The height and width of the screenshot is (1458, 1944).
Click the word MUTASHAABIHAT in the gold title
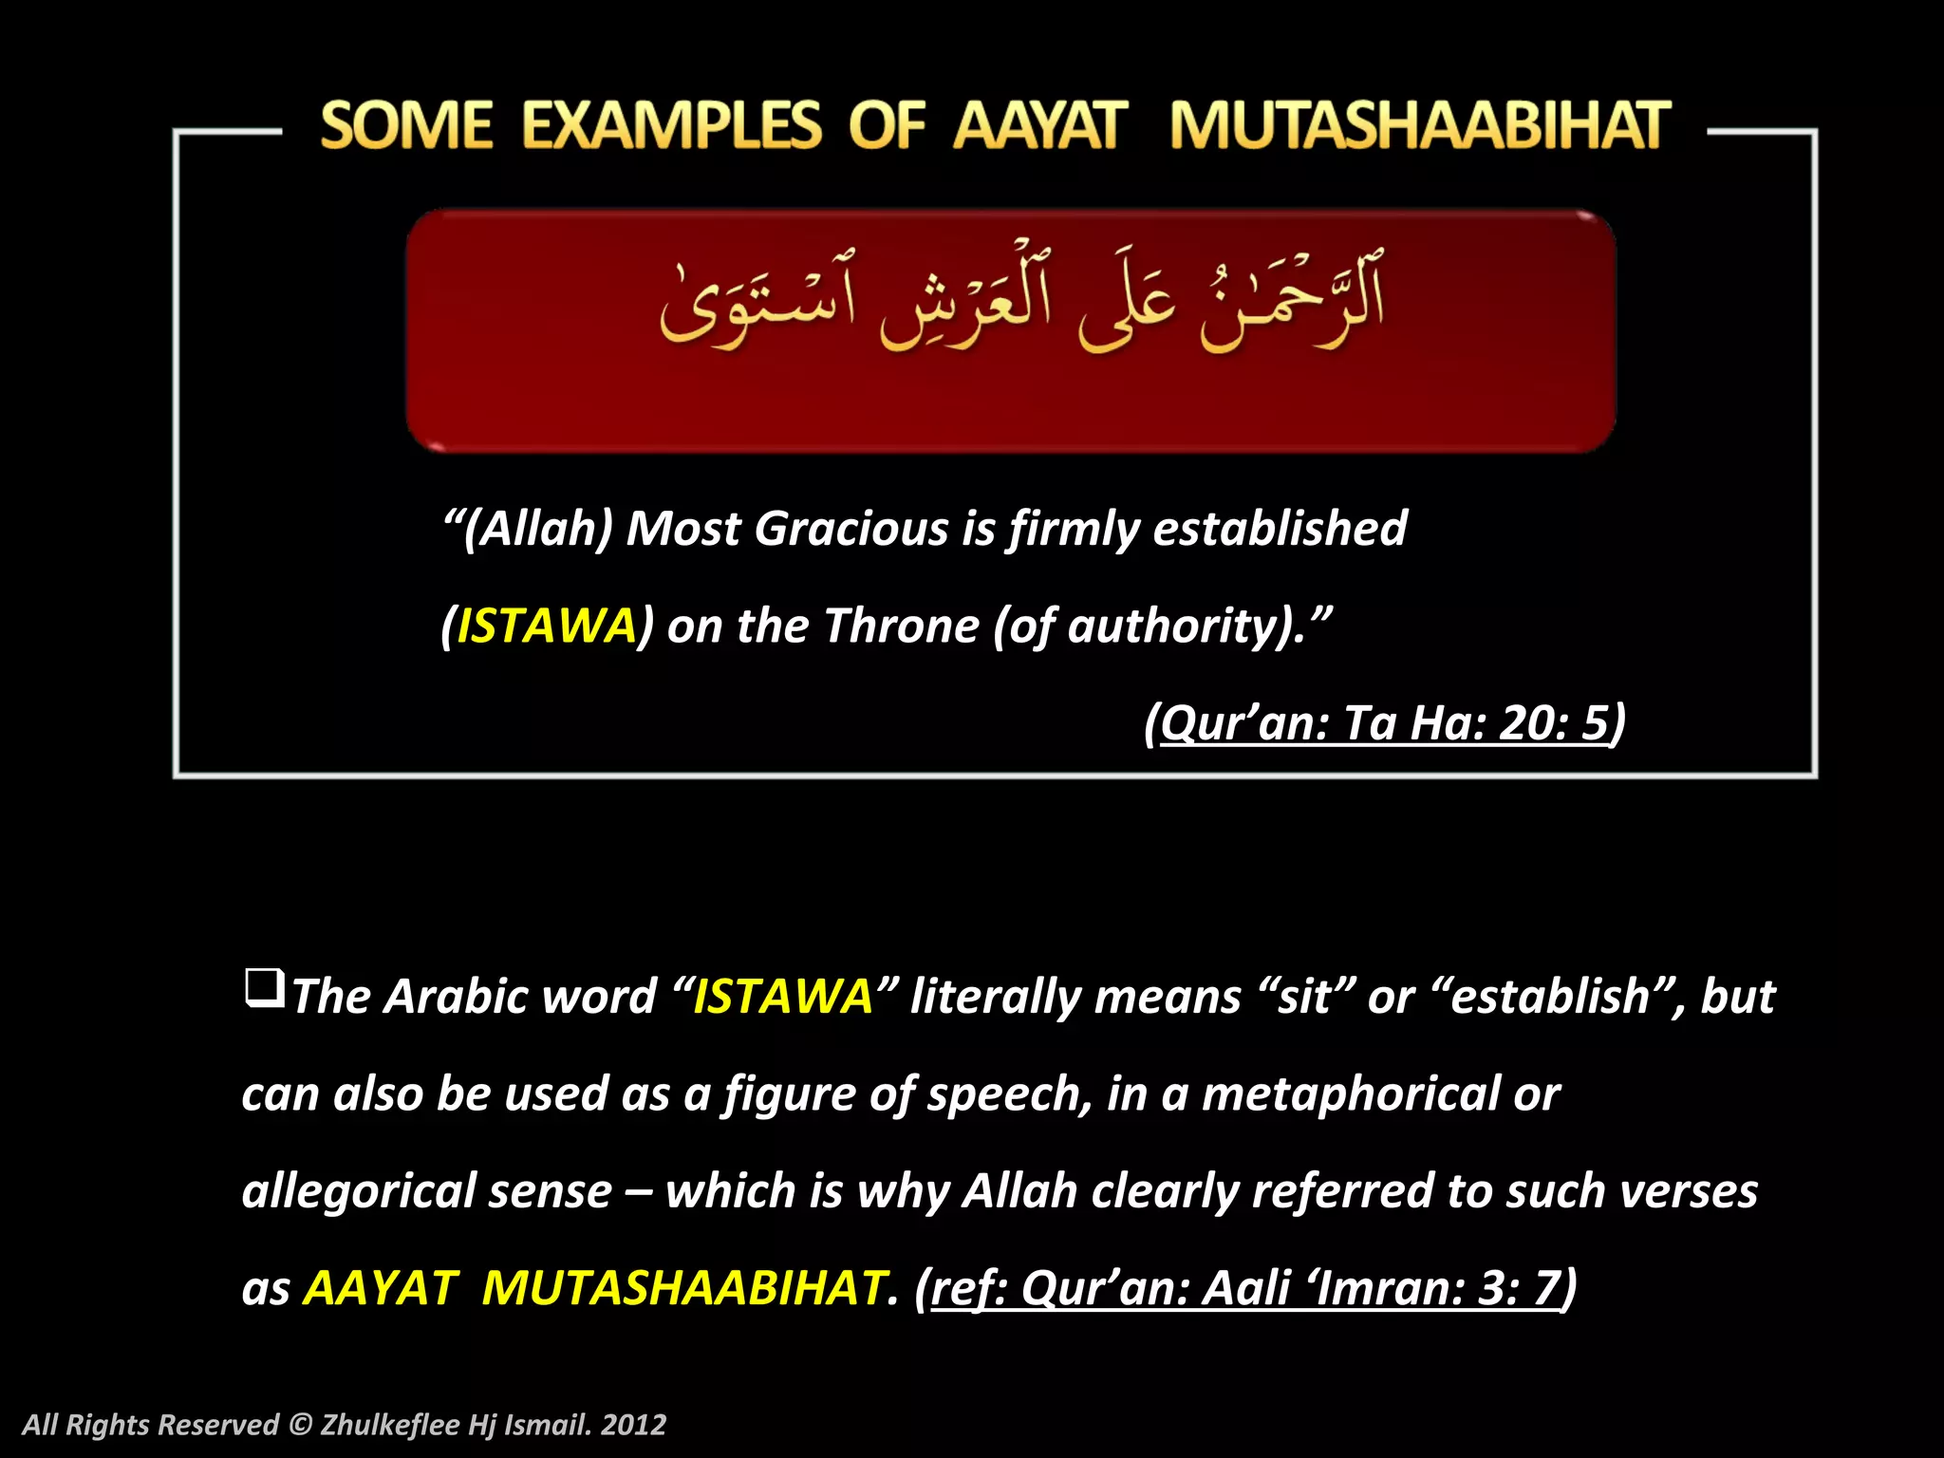coord(1419,126)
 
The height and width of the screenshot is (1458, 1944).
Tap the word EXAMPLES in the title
coord(671,126)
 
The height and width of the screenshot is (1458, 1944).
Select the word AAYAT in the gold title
coord(1040,126)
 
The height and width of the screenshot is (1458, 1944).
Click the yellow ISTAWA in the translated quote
coord(547,626)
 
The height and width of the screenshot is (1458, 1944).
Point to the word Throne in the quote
coord(901,626)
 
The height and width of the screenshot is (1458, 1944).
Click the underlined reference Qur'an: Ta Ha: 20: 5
coord(1385,723)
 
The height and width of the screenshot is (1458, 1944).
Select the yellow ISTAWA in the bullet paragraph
coord(783,997)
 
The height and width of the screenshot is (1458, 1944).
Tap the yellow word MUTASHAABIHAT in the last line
coord(683,1289)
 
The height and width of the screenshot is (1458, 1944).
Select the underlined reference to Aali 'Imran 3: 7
coord(1245,1289)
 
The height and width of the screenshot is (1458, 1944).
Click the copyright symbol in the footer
coord(300,1425)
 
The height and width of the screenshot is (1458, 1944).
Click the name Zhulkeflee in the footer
coord(389,1425)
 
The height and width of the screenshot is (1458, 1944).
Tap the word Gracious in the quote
coord(850,529)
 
